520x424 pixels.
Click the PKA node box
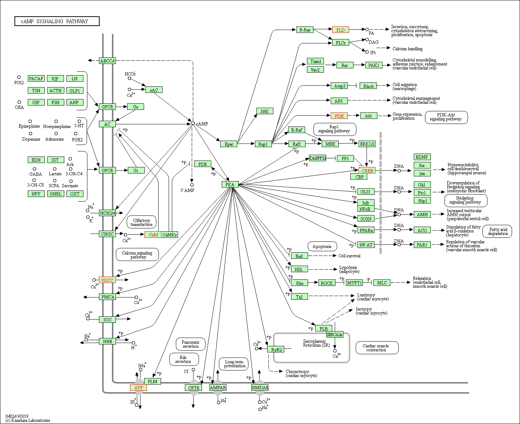pyautogui.click(x=230, y=184)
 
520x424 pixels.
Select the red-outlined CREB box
pyautogui.click(x=367, y=171)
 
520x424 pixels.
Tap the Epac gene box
pyautogui.click(x=229, y=144)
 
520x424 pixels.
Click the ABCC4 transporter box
pyautogui.click(x=107, y=61)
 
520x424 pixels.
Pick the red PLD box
pyautogui.click(x=341, y=30)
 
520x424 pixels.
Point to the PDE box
pyautogui.click(x=203, y=164)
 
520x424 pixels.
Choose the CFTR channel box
pyautogui.click(x=193, y=387)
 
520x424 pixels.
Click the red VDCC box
pyautogui.click(x=107, y=280)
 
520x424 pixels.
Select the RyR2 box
pyautogui.click(x=276, y=350)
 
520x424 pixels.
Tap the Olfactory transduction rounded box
pyautogui.click(x=141, y=222)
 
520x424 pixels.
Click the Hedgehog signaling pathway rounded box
pyautogui.click(x=466, y=200)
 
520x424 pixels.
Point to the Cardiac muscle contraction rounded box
pyautogui.click(x=377, y=348)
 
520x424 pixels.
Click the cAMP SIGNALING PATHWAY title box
pyautogui.click(x=57, y=21)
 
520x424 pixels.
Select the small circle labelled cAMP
pyautogui.click(x=193, y=123)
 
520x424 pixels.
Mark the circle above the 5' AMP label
pyautogui.click(x=192, y=185)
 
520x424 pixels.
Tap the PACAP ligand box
pyautogui.click(x=36, y=78)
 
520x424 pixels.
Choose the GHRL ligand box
pyautogui.click(x=56, y=194)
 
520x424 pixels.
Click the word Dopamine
pyautogui.click(x=31, y=139)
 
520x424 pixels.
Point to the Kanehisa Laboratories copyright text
pyautogui.click(x=27, y=420)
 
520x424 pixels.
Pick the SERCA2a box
pyautogui.click(x=335, y=334)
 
